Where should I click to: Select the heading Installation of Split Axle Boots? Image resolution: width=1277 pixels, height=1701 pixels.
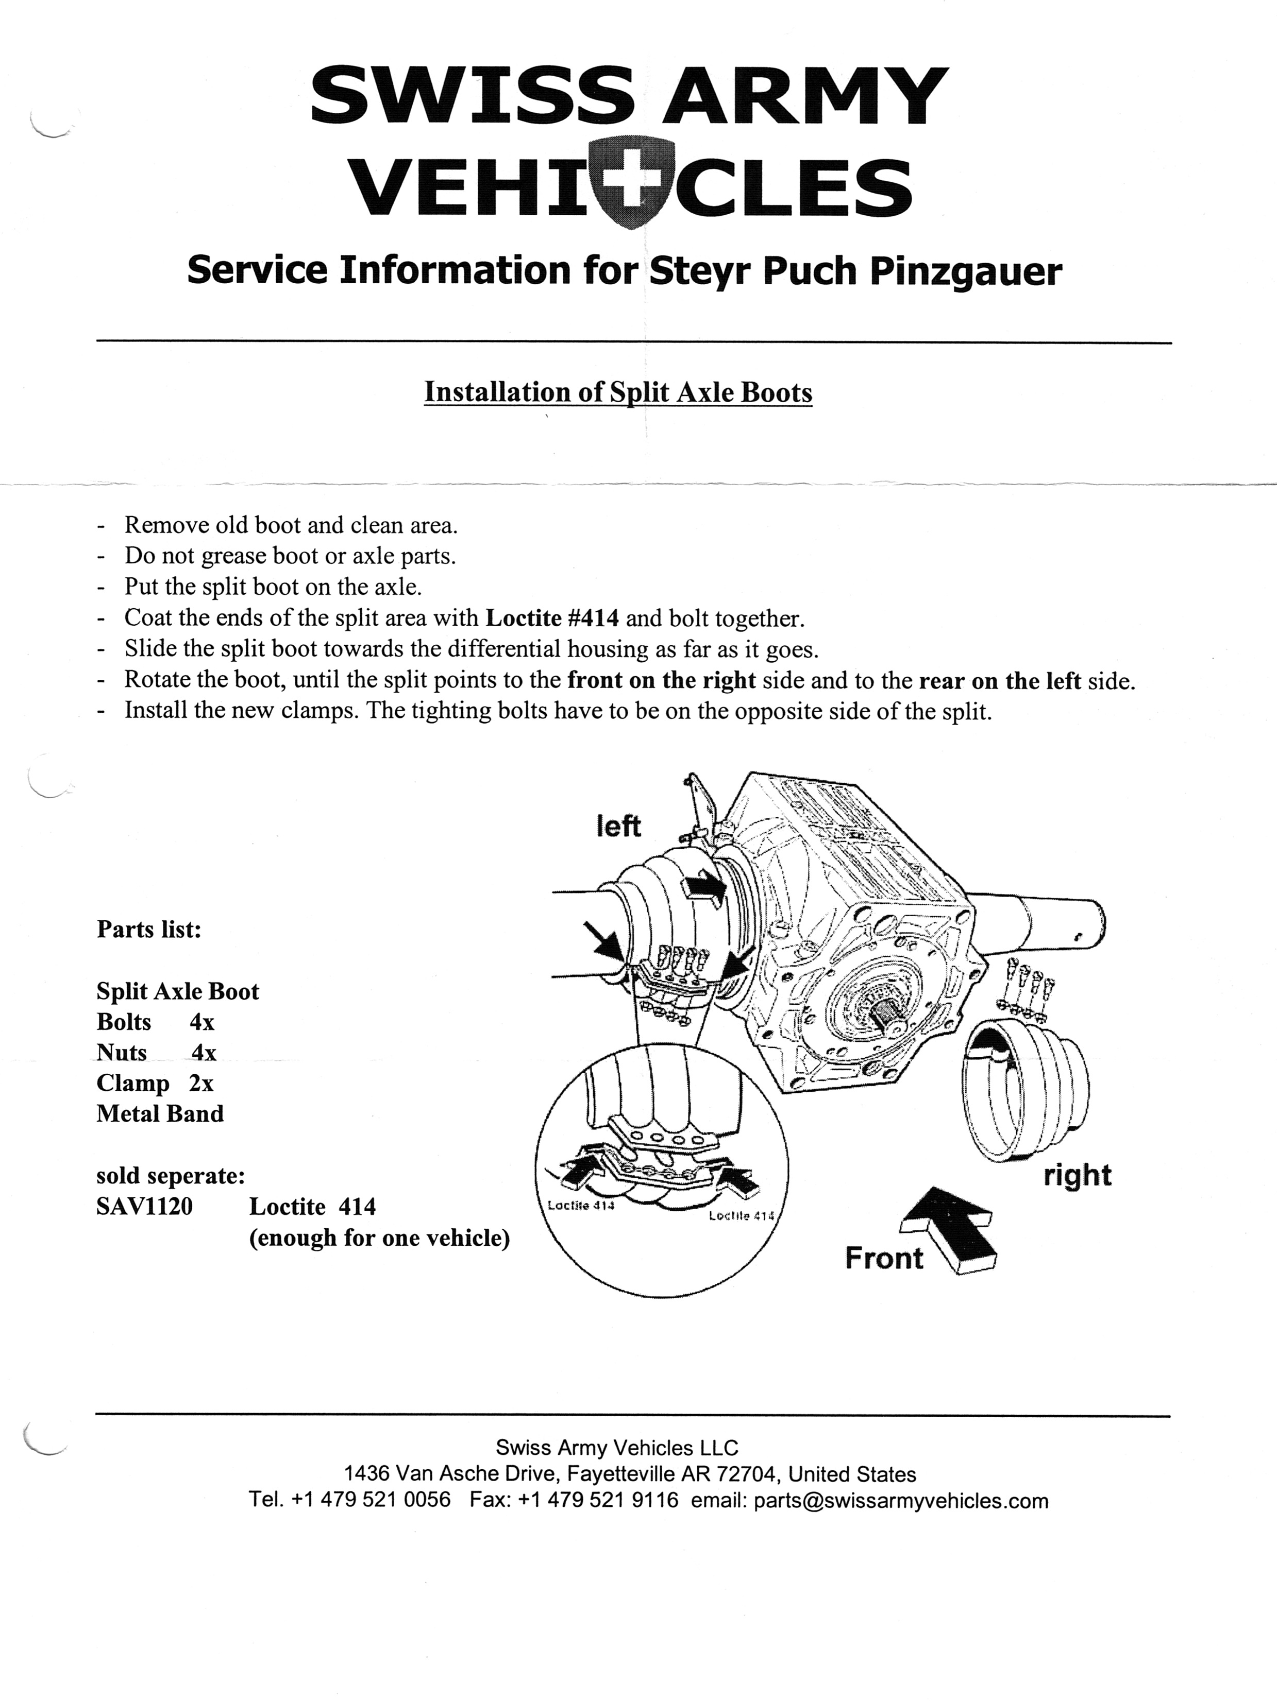[618, 392]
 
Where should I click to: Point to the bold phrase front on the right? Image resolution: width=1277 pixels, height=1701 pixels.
[662, 680]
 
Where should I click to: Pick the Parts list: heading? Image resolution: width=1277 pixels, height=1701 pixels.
[148, 930]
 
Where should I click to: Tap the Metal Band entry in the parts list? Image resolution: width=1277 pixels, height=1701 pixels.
[160, 1114]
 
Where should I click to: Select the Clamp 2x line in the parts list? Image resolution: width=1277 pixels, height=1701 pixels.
[155, 1084]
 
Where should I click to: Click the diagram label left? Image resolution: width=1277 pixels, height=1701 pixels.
[618, 827]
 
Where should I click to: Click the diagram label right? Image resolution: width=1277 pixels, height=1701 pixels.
[1077, 1175]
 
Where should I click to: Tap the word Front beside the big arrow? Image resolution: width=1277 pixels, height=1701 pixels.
[884, 1258]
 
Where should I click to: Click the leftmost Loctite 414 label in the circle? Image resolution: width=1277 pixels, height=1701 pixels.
[581, 1205]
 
